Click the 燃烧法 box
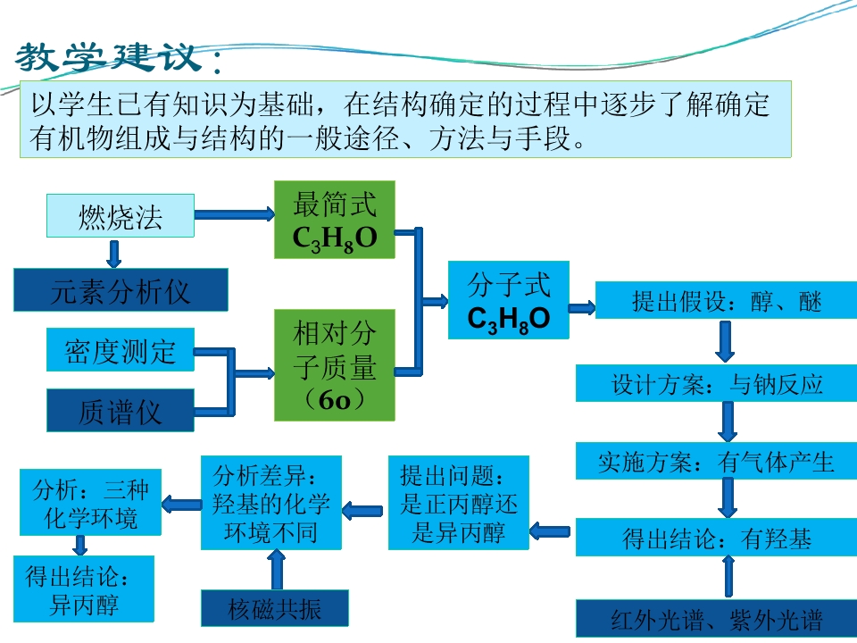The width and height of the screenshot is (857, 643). tap(121, 215)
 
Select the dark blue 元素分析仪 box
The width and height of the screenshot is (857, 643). tap(121, 289)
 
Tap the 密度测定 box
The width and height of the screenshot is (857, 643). tap(121, 350)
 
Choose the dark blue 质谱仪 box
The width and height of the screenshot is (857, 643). tap(121, 410)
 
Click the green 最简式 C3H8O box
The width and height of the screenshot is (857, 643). tap(335, 220)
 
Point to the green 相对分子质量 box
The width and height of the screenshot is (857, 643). tap(335, 365)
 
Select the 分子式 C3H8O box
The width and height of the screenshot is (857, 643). tap(509, 300)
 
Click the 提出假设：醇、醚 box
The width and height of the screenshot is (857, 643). tap(727, 300)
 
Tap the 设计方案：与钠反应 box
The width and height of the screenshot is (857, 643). tap(717, 383)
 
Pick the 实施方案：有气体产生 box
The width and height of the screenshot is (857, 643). tap(717, 462)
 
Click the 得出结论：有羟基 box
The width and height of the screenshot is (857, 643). tap(717, 538)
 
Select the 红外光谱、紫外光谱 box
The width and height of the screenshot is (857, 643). tap(717, 618)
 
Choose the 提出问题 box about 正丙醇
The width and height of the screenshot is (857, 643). tap(459, 503)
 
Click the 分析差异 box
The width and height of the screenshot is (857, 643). tap(271, 503)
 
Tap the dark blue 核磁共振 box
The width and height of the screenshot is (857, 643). tap(275, 608)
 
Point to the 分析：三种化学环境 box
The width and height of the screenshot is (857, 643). tap(91, 502)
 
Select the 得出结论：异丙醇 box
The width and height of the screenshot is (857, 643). tap(84, 589)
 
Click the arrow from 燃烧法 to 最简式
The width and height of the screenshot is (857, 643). tap(235, 214)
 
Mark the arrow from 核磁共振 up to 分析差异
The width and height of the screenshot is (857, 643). tap(277, 569)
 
